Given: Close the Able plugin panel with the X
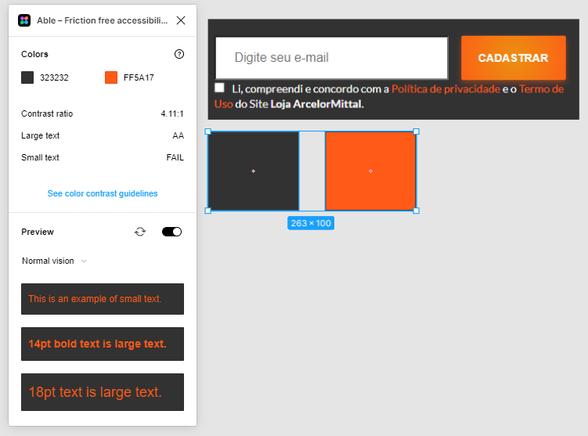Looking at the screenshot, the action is (181, 20).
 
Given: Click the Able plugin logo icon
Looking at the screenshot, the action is (24, 20).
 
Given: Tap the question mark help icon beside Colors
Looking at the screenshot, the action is (179, 54).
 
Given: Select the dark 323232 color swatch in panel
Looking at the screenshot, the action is (27, 77).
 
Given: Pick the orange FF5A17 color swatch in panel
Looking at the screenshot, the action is (111, 77).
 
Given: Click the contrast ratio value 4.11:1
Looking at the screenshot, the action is (172, 114).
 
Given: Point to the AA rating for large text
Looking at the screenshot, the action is (179, 135).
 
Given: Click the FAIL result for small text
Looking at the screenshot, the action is (175, 157).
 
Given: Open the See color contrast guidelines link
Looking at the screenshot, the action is (103, 193).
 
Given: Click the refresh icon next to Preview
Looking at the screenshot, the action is (140, 232).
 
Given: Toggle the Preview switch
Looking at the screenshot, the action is (171, 232).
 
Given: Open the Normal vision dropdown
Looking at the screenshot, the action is (54, 261).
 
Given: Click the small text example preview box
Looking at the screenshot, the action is (103, 299).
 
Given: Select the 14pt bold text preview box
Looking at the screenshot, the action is (103, 344).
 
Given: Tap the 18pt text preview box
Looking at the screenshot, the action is (103, 391).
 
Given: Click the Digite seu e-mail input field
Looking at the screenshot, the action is (331, 58).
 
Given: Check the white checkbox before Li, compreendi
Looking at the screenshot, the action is (219, 88).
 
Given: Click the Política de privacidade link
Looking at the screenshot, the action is (446, 89).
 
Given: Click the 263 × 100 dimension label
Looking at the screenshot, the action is (311, 223).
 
